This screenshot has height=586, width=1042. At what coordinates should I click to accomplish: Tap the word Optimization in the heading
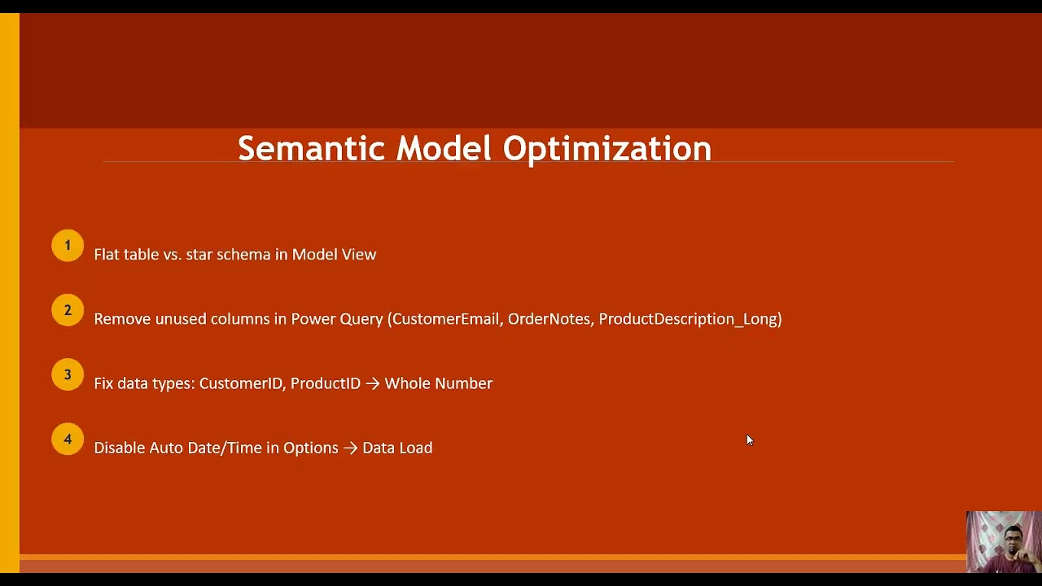pos(606,149)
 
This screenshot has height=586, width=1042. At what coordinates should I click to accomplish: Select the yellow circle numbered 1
pos(68,246)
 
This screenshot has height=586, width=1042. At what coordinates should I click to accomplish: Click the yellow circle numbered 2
pos(68,310)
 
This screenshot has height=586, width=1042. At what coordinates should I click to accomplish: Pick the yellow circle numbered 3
pos(68,374)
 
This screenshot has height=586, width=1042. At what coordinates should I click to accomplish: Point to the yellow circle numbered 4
pos(68,439)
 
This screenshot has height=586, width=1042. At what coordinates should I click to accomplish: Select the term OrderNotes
pos(549,319)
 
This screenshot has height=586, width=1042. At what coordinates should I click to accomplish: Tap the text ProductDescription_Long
pos(689,319)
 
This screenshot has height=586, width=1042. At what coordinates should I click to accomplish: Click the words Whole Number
pos(438,383)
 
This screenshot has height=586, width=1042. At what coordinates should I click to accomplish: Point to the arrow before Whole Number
pos(372,383)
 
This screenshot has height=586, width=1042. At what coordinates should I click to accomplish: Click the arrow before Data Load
pos(350,448)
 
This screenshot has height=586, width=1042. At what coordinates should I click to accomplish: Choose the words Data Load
pos(397,448)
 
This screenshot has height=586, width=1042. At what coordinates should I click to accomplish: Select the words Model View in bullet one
pos(334,255)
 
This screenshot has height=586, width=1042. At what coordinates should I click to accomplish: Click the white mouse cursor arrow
pos(750,440)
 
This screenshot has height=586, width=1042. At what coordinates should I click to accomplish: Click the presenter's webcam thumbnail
pos(1003,541)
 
